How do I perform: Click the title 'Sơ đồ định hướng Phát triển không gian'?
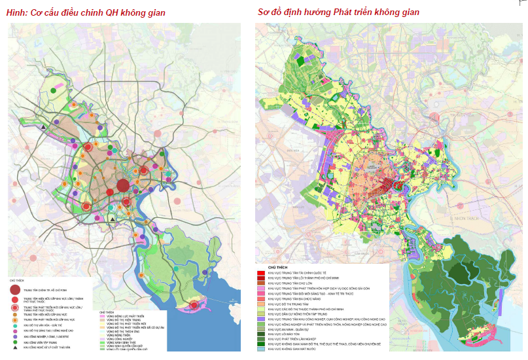[338, 12]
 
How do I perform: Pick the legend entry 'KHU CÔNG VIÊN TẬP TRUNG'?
[41, 342]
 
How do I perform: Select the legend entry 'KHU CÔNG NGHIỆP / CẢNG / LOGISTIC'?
[47, 337]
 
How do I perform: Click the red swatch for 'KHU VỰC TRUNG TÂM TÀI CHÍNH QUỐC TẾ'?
[260, 272]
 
